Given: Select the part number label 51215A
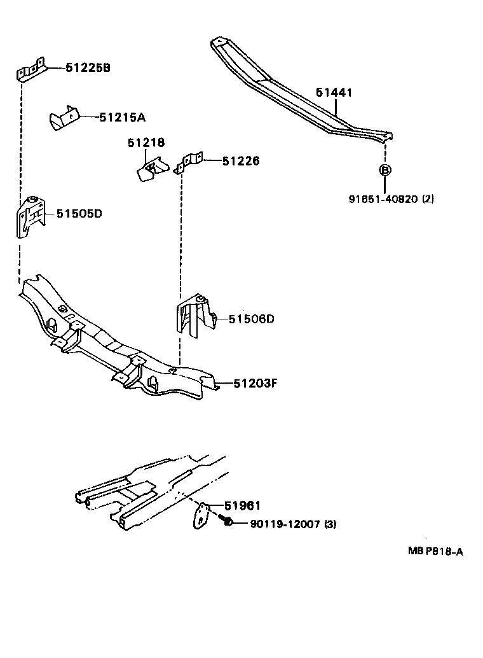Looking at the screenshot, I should tap(122, 117).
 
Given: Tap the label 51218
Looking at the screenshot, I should tap(146, 143).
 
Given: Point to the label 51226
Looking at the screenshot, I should tap(241, 162).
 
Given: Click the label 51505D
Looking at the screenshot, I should tap(79, 214).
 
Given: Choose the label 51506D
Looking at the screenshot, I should tap(252, 319).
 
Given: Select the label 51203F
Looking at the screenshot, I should tap(255, 383).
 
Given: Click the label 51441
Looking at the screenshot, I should tap(334, 93).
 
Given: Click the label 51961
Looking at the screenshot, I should tap(243, 506).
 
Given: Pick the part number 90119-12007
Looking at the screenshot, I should tap(285, 524).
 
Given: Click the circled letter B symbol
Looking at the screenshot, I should tap(384, 170).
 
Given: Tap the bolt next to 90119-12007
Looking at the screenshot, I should tap(226, 522).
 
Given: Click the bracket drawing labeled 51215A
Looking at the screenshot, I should tap(64, 119).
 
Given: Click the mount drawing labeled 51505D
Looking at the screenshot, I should tap(31, 217).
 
